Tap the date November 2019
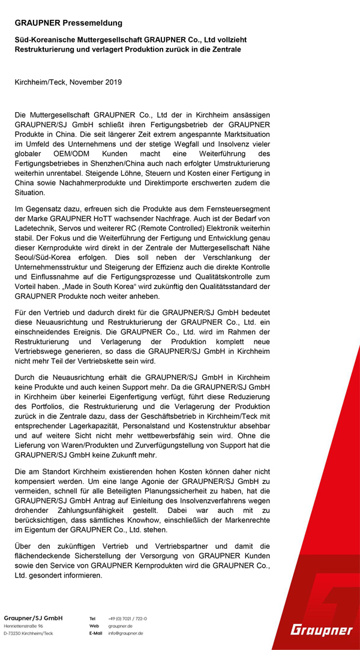(x=95, y=82)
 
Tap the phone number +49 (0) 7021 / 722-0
(x=128, y=618)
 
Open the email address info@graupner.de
(x=125, y=633)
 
